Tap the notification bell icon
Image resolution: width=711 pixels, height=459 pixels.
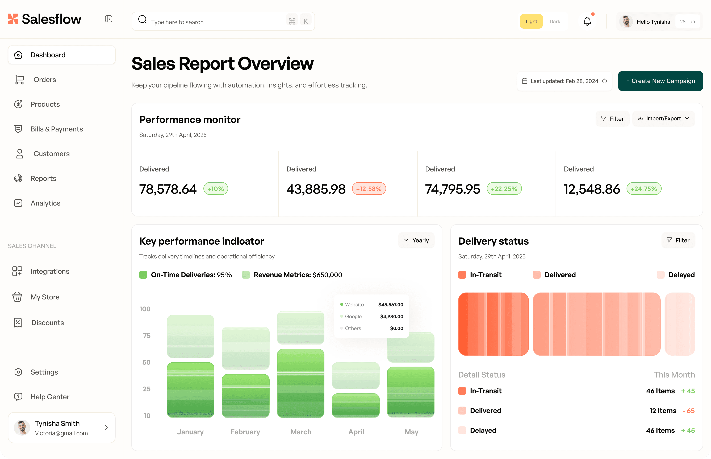587,21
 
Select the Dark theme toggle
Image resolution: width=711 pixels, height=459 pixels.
555,22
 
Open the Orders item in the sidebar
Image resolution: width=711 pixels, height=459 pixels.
45,80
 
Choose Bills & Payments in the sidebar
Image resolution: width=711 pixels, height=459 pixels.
57,129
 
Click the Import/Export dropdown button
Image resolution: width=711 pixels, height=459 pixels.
663,119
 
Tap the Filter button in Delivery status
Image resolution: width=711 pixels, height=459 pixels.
678,240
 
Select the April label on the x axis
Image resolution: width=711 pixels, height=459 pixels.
356,432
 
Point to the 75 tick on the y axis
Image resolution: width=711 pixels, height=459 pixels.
147,336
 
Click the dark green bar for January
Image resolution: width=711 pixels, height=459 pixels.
191,390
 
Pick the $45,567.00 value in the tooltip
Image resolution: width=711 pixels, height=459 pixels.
391,305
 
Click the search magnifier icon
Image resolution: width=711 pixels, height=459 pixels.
142,20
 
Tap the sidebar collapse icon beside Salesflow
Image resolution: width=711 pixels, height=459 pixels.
109,19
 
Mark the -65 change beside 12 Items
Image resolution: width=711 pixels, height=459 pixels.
689,411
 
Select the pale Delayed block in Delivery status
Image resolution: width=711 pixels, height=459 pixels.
680,324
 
